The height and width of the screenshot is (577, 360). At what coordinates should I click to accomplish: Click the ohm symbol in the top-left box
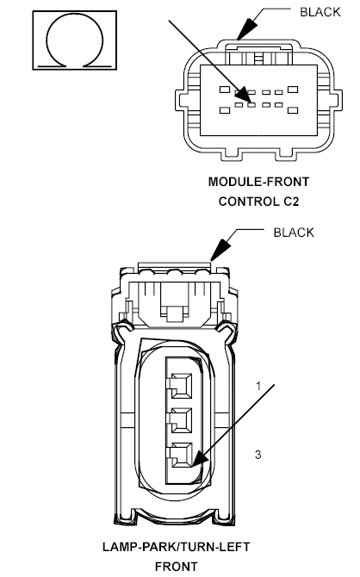(68, 40)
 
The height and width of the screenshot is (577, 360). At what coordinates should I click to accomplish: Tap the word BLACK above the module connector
(320, 11)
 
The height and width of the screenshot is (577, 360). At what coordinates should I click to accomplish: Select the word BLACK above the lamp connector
(294, 233)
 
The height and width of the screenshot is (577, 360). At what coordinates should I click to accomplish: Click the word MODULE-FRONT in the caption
(258, 182)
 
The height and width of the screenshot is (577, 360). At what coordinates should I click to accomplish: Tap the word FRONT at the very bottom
(175, 566)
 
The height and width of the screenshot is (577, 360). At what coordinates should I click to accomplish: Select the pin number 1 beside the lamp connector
(257, 386)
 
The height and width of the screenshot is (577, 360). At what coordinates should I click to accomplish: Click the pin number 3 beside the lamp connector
(258, 452)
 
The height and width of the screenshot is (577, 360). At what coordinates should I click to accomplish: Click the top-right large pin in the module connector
(292, 90)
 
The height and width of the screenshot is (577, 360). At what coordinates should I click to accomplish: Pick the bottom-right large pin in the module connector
(292, 109)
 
